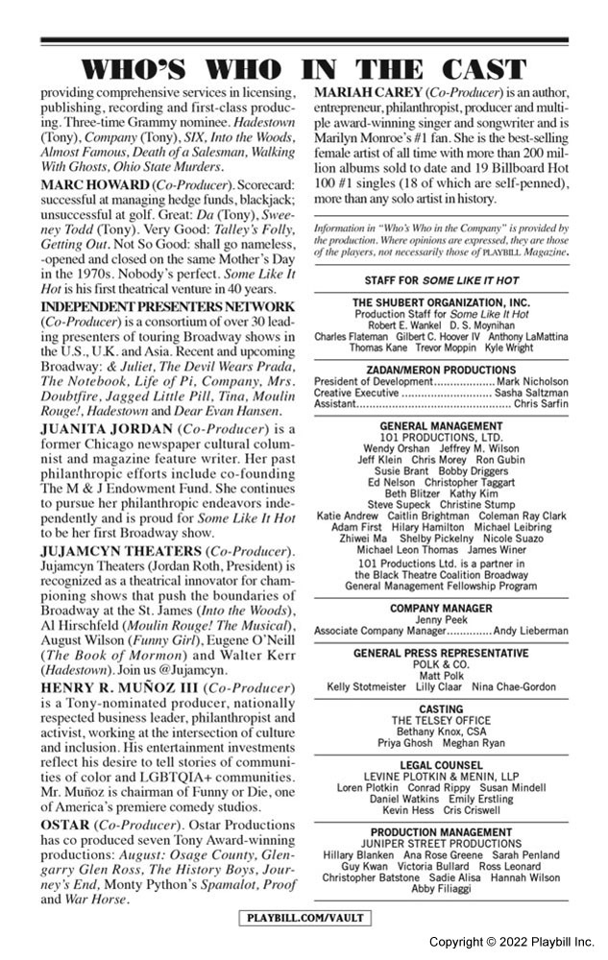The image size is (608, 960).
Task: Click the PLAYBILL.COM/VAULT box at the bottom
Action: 305,918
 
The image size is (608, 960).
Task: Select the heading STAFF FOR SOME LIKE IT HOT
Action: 442,280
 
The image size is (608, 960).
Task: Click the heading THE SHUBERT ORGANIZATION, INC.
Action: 442,302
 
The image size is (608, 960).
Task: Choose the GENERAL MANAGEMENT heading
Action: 442,425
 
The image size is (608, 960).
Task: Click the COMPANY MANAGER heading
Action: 442,609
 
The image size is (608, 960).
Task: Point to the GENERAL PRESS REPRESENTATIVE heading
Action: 442,653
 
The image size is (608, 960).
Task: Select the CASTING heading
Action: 442,708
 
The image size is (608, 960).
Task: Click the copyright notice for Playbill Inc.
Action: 512,942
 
